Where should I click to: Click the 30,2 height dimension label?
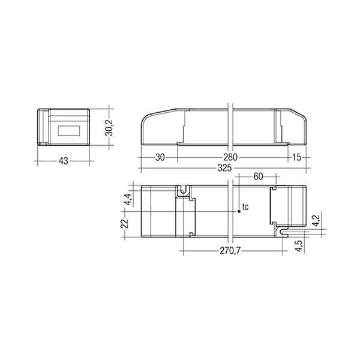[110, 127]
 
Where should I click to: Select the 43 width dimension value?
[64, 161]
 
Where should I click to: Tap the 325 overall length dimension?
[224, 168]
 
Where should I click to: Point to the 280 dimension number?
[230, 157]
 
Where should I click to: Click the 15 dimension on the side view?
[296, 157]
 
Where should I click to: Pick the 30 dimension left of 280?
[160, 157]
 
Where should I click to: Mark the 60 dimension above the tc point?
[258, 176]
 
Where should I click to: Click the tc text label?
[245, 207]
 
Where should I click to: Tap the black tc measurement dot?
[239, 211]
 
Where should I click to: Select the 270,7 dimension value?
[230, 251]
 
